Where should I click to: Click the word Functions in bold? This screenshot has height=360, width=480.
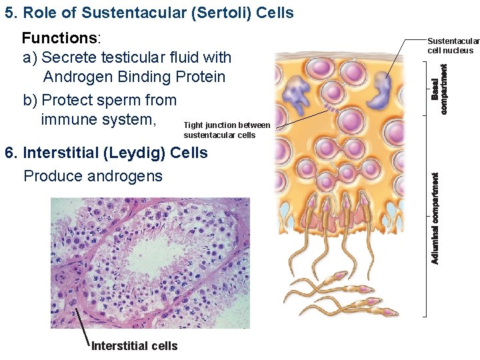[x=59, y=38]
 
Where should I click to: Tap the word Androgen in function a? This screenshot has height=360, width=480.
[x=74, y=77]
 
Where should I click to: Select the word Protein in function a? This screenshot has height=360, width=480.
[x=201, y=77]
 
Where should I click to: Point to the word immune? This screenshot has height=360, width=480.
[x=68, y=120]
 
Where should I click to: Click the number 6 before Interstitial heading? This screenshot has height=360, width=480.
[x=9, y=153]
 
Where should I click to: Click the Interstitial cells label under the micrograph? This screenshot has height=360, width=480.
[x=134, y=345]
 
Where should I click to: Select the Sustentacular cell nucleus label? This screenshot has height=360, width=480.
[x=451, y=45]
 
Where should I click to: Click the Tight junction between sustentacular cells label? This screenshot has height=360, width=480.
[x=227, y=130]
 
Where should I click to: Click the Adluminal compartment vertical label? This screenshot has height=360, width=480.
[x=435, y=218]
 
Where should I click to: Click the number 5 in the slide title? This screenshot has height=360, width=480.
[x=9, y=13]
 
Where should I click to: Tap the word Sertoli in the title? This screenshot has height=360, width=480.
[x=213, y=13]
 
